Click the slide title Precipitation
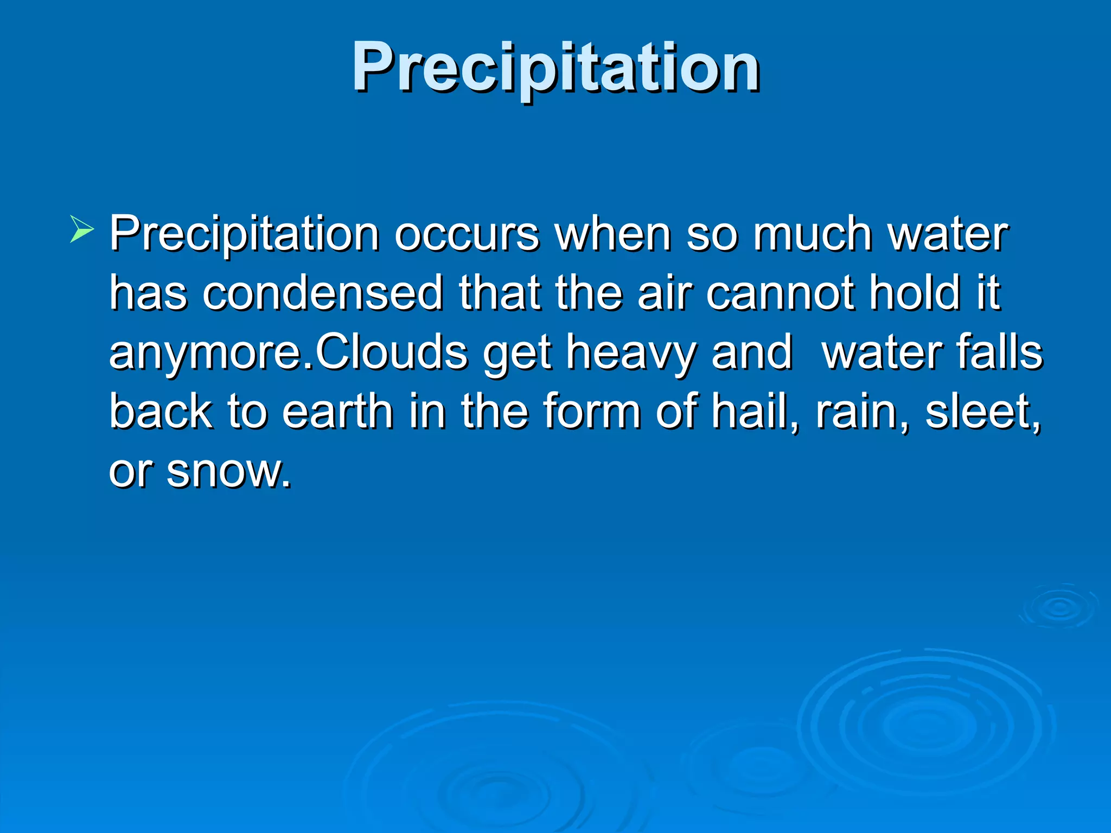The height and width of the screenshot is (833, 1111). pos(555,68)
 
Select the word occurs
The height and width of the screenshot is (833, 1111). pos(467,234)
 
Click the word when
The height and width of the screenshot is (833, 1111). pos(613,234)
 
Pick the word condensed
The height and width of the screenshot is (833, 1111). pos(323,293)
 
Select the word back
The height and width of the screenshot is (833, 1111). pos(161,412)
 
